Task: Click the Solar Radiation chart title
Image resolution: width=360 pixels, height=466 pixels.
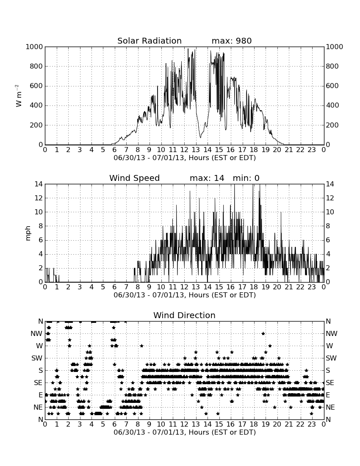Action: tap(150, 41)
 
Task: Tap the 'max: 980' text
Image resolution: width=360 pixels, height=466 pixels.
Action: tap(232, 41)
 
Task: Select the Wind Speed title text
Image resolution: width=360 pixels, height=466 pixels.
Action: tap(135, 178)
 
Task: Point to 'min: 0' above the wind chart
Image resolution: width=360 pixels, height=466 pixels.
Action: tap(246, 178)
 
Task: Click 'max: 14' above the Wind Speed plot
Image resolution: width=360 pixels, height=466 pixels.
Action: tap(207, 178)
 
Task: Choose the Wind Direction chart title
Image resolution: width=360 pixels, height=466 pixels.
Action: tap(184, 315)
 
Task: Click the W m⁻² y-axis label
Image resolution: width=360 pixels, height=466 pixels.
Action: tap(18, 96)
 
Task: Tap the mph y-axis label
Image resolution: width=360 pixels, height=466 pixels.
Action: tap(28, 233)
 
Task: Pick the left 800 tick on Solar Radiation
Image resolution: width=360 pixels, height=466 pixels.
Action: tap(36, 66)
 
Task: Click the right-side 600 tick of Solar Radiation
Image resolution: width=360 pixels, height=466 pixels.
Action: tap(332, 86)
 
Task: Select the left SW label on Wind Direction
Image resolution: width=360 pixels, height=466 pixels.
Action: tap(37, 358)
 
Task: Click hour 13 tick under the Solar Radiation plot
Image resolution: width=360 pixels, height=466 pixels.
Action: tap(196, 150)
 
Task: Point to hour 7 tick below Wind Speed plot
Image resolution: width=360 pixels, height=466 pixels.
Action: tap(126, 287)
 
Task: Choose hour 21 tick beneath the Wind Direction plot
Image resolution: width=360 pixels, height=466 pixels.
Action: tap(289, 424)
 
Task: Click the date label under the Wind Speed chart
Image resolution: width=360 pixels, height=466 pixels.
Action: tap(185, 295)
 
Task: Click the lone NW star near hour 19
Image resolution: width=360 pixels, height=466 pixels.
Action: tap(263, 333)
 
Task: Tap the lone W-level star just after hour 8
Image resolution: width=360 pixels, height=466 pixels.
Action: tap(142, 346)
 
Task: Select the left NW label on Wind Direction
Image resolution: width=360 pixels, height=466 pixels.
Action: tap(36, 334)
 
